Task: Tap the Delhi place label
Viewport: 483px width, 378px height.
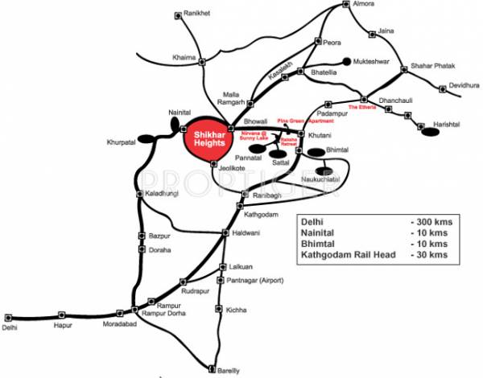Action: click(x=9, y=327)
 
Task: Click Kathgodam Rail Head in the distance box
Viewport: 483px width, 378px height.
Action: click(x=347, y=255)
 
